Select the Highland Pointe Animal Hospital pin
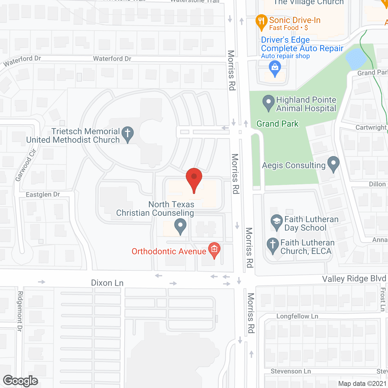(268, 103)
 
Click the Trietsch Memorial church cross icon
(128, 134)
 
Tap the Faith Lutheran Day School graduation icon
(276, 222)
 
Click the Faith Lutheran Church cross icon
(273, 245)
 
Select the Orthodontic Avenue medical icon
(214, 250)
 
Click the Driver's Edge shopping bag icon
(275, 68)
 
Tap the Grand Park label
(277, 124)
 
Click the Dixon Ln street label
(107, 283)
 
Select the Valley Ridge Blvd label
(354, 279)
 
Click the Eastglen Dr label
(43, 194)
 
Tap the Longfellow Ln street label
(297, 316)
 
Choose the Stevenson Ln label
(290, 371)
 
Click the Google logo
(21, 381)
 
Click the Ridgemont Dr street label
(20, 311)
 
